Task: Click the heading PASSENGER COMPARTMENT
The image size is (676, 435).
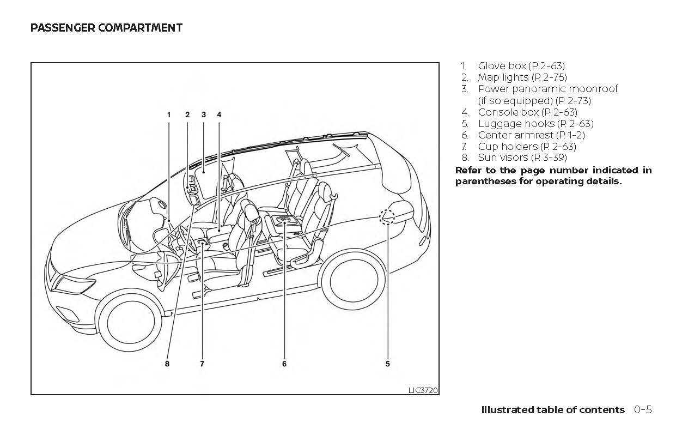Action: tap(106, 28)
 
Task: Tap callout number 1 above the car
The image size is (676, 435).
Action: tap(169, 114)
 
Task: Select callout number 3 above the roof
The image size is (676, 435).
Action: tap(203, 114)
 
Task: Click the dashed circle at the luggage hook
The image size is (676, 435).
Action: tap(387, 217)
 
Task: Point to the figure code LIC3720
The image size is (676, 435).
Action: tap(423, 390)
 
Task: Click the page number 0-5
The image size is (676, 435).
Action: tap(643, 410)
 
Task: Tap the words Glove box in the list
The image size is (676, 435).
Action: tap(502, 67)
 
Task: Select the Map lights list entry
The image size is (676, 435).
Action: tap(522, 78)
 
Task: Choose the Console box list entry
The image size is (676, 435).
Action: tap(527, 112)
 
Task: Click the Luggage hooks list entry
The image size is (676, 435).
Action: tap(535, 124)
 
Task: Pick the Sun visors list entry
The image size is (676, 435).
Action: tap(522, 158)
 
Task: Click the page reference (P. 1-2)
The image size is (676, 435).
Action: tap(570, 135)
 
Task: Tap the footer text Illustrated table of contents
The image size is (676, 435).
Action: tap(553, 410)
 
